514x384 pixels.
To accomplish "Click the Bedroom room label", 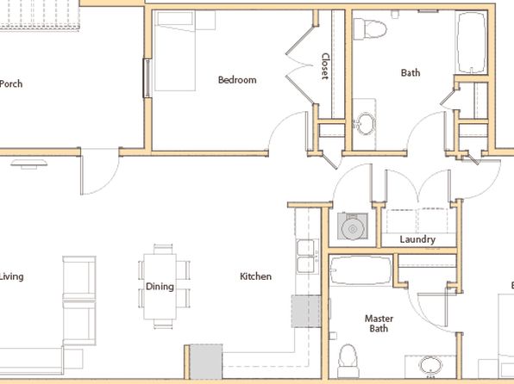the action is [x=237, y=80].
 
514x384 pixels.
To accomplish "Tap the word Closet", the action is [x=325, y=66].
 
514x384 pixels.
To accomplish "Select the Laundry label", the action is [x=417, y=239].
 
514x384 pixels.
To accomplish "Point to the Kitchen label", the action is [x=255, y=276].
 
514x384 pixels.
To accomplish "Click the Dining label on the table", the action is [x=160, y=287].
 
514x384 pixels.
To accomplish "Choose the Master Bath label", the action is [x=379, y=324].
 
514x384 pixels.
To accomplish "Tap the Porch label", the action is [x=11, y=84].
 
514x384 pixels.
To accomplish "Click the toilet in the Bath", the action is [x=370, y=29].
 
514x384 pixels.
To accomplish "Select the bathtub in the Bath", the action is [x=472, y=42].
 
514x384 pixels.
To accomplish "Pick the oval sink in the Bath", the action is [x=365, y=124].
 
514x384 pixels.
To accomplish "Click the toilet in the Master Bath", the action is [x=348, y=361].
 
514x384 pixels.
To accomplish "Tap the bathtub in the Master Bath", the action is [x=360, y=270].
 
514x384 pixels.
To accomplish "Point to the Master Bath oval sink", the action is [x=430, y=366].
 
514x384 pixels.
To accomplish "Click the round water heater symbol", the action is [x=353, y=228].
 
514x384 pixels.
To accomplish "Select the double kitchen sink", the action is [x=308, y=257].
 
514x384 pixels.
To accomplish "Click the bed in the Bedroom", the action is [x=175, y=51].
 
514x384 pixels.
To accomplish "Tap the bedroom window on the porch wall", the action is [x=147, y=78].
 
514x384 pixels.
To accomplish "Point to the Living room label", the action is [x=11, y=277].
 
